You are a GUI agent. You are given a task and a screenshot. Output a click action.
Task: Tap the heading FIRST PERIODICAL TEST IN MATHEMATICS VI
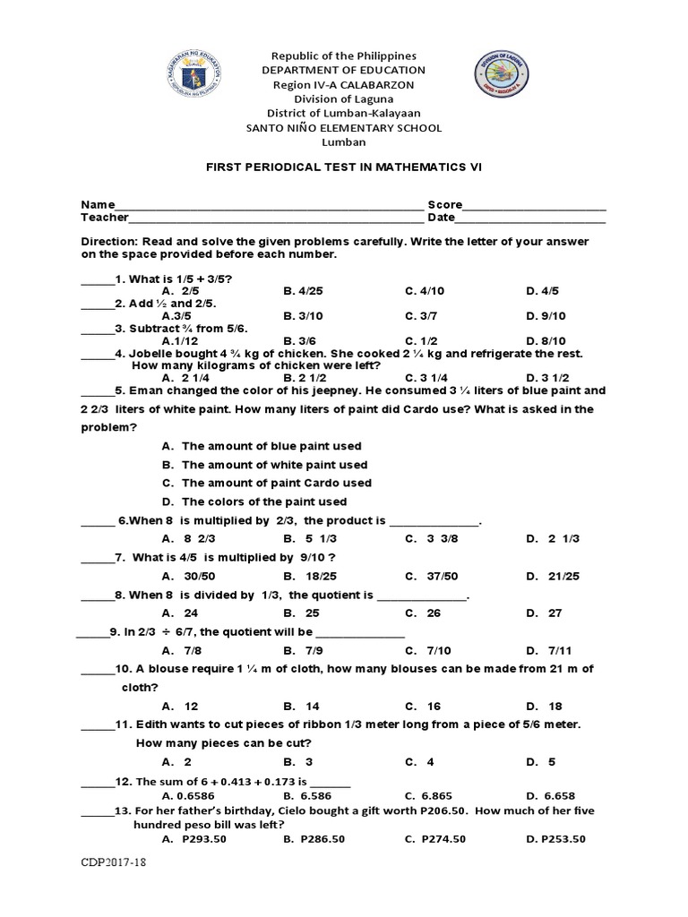click(x=343, y=167)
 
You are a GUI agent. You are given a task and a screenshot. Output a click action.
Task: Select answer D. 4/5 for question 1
click(x=543, y=291)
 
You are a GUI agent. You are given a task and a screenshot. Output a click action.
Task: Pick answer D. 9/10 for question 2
click(x=546, y=316)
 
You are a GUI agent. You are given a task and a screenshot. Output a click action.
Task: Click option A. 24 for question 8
click(x=181, y=613)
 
